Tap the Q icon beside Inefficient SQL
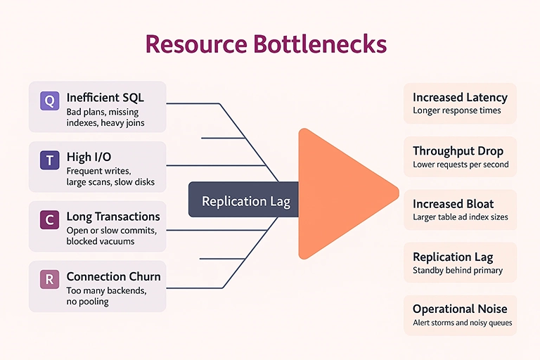click(x=49, y=101)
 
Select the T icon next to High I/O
click(x=49, y=161)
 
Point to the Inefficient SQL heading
click(x=105, y=98)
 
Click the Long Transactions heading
click(x=112, y=217)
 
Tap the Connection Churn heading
click(x=113, y=276)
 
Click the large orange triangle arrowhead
click(x=337, y=194)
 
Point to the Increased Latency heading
click(x=461, y=98)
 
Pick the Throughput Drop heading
click(x=458, y=150)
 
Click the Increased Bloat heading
click(x=453, y=204)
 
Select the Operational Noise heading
click(x=460, y=309)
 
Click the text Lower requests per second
click(x=461, y=165)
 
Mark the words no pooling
click(x=87, y=301)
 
